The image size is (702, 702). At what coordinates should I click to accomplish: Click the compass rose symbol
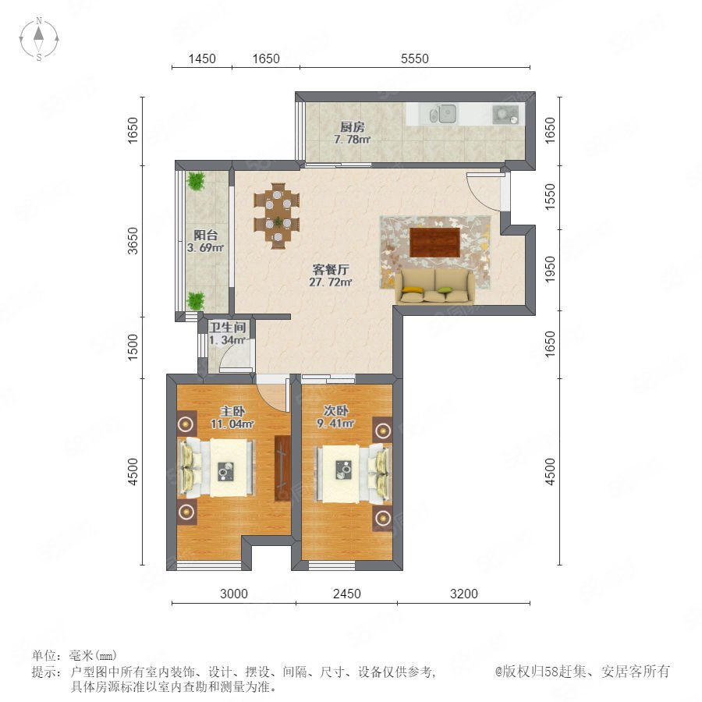pos(39,38)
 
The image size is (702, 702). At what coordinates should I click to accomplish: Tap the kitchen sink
pos(443,114)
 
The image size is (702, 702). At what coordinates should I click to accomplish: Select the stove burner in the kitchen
pos(505,114)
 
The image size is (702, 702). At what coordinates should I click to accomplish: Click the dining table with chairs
pos(277,216)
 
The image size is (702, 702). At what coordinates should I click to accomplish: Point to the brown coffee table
pos(434,243)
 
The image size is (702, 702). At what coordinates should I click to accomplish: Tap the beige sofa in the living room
pos(434,286)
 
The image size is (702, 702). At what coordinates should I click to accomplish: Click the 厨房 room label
pos(353,128)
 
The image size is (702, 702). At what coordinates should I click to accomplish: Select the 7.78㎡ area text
pos(353,140)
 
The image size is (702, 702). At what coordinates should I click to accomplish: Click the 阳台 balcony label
pos(205,235)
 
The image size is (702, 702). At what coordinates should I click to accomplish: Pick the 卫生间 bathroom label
pos(228,328)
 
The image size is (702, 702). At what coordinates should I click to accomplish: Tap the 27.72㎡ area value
pos(331,282)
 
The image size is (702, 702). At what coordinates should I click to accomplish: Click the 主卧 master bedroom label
pos(232,411)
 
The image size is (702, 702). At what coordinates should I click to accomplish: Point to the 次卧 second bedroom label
pos(336,410)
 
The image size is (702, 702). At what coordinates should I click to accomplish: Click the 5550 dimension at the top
pos(415,58)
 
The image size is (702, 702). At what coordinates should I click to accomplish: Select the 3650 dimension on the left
pos(133,241)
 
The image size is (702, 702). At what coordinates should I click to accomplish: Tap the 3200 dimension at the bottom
pos(464,594)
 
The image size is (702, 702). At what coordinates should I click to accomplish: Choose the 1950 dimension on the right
pos(550,269)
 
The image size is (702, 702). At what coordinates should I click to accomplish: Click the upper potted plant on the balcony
pos(196,181)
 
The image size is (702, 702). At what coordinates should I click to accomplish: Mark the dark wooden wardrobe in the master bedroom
pos(282,468)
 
